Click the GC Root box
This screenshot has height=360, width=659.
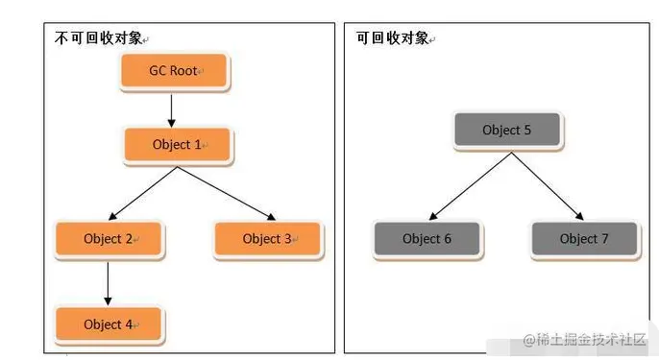tap(173, 71)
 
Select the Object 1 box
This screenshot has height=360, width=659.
tap(179, 145)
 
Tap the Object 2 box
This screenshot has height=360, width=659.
tap(110, 239)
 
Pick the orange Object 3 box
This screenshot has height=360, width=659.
tap(268, 239)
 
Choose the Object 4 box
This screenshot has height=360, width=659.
tap(110, 324)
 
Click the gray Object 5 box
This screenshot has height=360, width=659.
tap(506, 131)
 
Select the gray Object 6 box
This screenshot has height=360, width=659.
tap(427, 239)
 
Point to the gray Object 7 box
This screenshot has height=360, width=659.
tap(584, 239)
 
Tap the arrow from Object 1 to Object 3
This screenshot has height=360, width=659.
tap(224, 192)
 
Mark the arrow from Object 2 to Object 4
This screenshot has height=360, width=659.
tap(108, 282)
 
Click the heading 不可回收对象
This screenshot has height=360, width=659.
tap(95, 37)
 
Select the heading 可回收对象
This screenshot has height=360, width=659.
tap(391, 37)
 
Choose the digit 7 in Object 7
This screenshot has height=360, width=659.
tap(605, 239)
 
